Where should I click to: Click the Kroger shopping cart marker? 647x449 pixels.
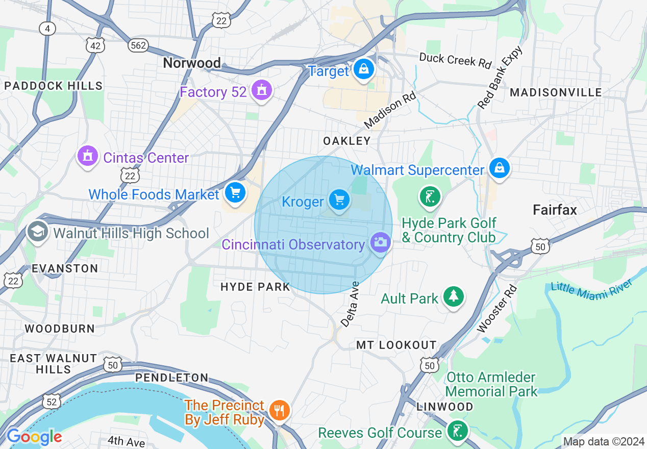pos(339,199)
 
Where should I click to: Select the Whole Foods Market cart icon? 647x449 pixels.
pos(235,192)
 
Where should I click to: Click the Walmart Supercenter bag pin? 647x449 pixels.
pos(499,167)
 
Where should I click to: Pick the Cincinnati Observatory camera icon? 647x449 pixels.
pos(380,242)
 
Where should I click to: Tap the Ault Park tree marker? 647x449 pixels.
pos(453,296)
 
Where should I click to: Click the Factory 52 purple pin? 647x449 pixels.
pos(262,90)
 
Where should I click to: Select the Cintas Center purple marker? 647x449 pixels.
pos(88,156)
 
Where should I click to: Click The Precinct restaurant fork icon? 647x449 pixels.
pos(279,410)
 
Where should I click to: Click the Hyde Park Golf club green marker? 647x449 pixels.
pos(430,196)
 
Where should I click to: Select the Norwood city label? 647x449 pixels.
pos(192,63)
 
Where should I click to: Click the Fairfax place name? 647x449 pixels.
pos(555,210)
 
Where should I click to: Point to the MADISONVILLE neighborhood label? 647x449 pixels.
pos(556,92)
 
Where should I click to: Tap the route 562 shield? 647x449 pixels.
pos(138,46)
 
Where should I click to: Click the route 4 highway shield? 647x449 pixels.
pos(47,29)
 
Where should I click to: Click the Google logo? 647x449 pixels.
pos(34,437)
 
